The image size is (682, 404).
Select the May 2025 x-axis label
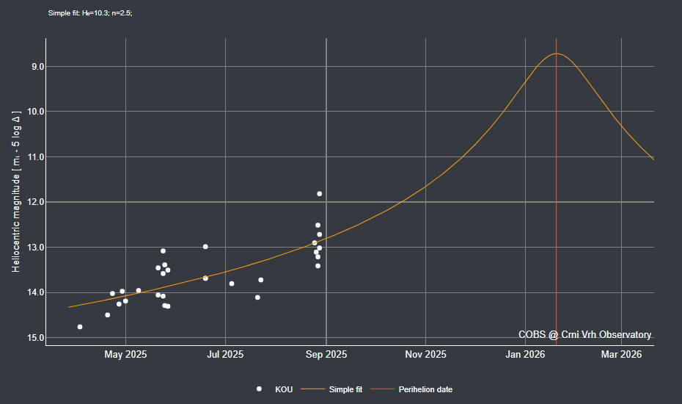125,354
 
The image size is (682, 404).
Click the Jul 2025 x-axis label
224,354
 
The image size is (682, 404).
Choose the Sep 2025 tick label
326,354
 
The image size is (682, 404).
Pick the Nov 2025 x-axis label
425,354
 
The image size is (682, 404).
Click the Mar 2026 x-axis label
621,354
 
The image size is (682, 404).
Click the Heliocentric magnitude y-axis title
16,192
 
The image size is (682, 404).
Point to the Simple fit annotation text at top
89,13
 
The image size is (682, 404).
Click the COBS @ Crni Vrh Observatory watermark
584,334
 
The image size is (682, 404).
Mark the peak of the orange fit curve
557,54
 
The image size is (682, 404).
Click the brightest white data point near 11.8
319,194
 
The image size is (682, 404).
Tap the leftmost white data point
80,327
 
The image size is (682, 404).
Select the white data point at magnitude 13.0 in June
205,247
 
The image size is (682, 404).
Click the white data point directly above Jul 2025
232,284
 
